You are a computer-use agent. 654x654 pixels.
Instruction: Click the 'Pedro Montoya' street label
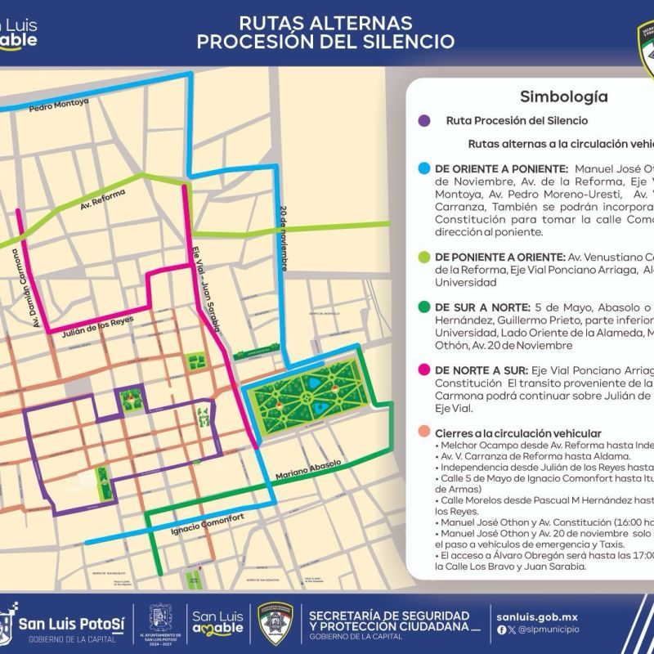pos(59,107)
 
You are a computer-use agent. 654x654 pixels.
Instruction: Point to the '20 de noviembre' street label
pos(282,237)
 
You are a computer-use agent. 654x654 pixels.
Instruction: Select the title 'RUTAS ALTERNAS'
pos(325,23)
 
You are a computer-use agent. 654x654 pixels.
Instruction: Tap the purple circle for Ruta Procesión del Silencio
pos(423,121)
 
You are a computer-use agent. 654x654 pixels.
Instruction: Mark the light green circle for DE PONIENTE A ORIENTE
pos(423,255)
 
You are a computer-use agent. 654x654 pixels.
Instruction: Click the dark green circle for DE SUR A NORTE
pos(423,307)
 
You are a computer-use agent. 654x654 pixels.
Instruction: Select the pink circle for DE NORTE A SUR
pos(423,370)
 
